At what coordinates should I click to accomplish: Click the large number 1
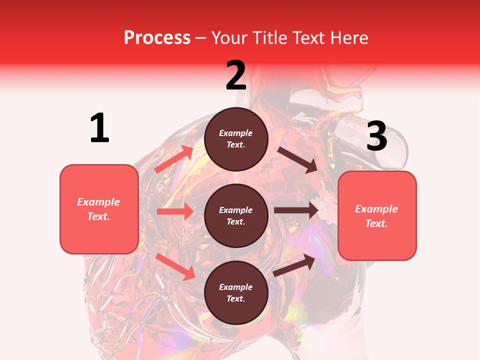(x=99, y=128)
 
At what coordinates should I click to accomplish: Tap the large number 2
(x=236, y=75)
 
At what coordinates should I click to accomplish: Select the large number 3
(x=376, y=136)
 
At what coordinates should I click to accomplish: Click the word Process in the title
(x=157, y=37)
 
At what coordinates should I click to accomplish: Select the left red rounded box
(x=99, y=209)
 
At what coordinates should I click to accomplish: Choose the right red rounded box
(x=377, y=215)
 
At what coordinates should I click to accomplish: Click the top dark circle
(x=236, y=139)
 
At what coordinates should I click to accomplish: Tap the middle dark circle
(x=236, y=215)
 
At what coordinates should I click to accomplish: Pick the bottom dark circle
(x=236, y=292)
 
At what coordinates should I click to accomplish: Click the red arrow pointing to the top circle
(x=174, y=159)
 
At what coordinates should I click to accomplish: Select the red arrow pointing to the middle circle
(x=175, y=211)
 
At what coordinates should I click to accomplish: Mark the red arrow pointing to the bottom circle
(x=175, y=266)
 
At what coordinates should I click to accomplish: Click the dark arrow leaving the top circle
(x=297, y=159)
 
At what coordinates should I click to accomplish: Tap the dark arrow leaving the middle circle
(x=295, y=210)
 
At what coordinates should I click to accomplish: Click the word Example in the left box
(x=98, y=202)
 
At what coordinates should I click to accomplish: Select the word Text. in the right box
(x=376, y=223)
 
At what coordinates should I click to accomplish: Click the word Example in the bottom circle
(x=236, y=287)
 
